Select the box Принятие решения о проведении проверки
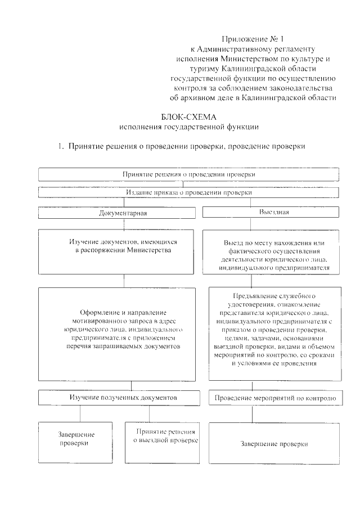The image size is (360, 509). (x=188, y=174)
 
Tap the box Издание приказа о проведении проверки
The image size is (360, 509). (x=188, y=192)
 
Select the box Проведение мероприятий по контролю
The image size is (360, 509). (x=274, y=398)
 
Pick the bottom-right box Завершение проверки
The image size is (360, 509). (x=274, y=444)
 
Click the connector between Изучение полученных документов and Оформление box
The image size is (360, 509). (x=132, y=385)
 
